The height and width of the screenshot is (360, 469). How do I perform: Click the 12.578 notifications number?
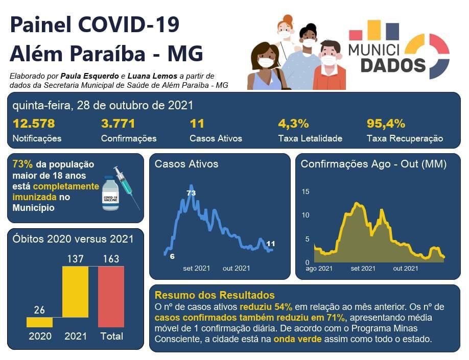click(x=34, y=124)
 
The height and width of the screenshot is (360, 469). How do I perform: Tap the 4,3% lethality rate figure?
click(x=293, y=124)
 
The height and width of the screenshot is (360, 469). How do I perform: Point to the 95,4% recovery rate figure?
click(x=386, y=124)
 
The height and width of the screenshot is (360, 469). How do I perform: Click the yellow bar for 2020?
click(x=39, y=322)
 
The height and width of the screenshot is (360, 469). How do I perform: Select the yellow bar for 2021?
click(x=75, y=297)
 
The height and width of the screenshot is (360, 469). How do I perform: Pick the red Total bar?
click(x=111, y=297)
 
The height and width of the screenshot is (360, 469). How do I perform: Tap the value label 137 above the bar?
click(x=75, y=259)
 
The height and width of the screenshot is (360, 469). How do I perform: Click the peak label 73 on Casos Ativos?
click(x=191, y=193)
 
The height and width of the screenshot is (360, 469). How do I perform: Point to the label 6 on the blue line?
click(x=172, y=256)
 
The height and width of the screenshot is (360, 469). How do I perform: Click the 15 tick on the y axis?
click(x=306, y=191)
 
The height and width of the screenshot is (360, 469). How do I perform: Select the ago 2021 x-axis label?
click(x=319, y=268)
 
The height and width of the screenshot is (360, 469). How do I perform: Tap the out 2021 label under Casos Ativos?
click(x=236, y=268)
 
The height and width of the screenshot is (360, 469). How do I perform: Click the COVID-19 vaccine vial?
click(x=110, y=194)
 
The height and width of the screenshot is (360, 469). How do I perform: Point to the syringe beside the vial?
click(x=126, y=185)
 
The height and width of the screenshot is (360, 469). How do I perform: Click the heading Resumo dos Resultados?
click(x=215, y=295)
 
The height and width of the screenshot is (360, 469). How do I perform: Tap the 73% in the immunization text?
click(x=22, y=164)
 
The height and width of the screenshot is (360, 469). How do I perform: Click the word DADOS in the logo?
click(x=393, y=65)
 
